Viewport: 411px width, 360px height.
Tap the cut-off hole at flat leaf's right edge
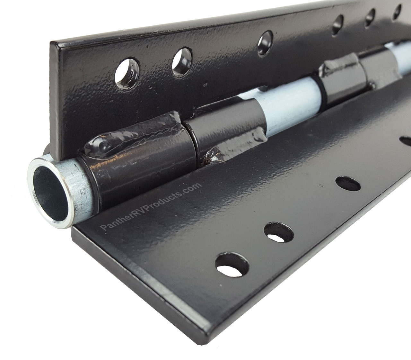click(x=407, y=141)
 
